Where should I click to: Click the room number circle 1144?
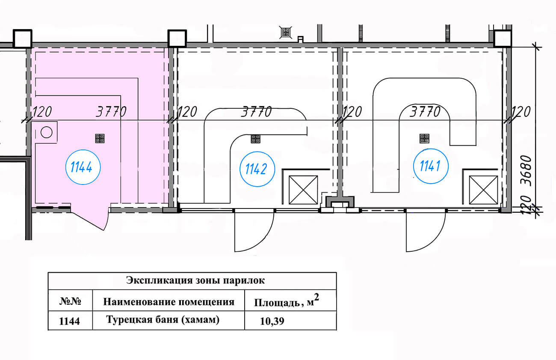[x=82, y=167]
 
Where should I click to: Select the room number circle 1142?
[x=256, y=169]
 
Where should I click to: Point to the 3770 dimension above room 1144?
[x=111, y=112]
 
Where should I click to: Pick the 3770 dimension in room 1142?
[x=256, y=112]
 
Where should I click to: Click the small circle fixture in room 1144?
[x=46, y=132]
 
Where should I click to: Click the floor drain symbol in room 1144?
[x=100, y=138]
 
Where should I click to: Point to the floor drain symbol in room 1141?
[x=424, y=138]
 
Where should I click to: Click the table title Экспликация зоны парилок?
[x=195, y=281]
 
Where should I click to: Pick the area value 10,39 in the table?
[x=272, y=321]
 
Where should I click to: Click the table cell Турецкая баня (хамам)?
[x=163, y=320]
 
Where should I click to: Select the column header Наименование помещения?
[x=169, y=302]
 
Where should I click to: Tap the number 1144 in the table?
[x=69, y=321]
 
